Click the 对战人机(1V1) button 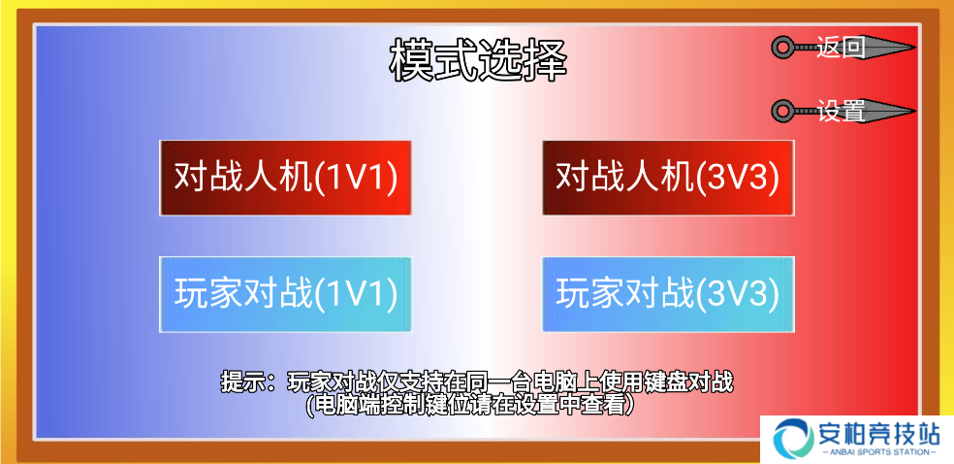tap(285, 178)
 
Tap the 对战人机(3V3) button tap(668, 178)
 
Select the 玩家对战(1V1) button tap(285, 295)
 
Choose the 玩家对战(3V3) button tap(668, 295)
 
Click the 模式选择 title tap(478, 60)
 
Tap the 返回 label tap(841, 47)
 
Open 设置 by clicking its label tap(841, 111)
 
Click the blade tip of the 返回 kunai tap(915, 47)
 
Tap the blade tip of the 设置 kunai tap(915, 111)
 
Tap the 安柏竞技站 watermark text tap(879, 434)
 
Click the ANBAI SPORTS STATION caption tap(879, 452)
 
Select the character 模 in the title tap(411, 60)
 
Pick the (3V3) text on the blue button tap(738, 295)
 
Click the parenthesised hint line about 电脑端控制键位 tap(470, 405)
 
